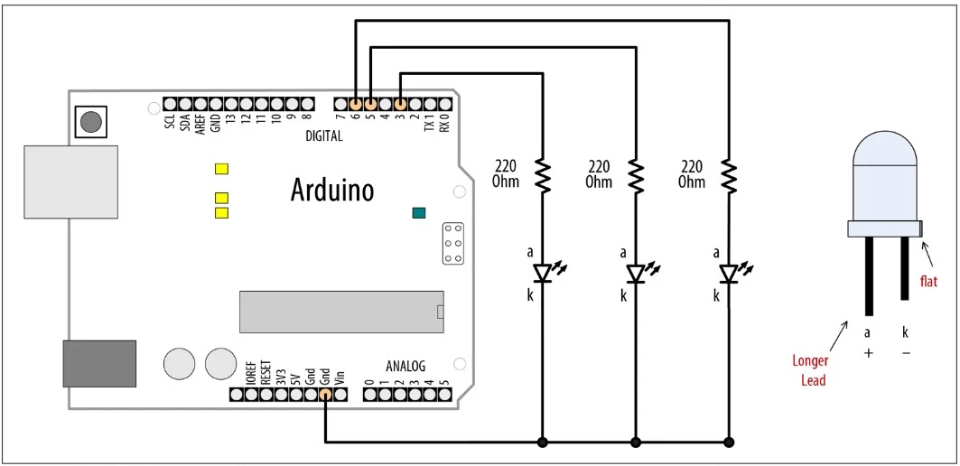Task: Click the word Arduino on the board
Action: click(331, 190)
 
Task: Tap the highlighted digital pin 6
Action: click(355, 104)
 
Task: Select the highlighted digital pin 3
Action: click(400, 104)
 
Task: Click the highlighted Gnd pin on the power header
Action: click(324, 395)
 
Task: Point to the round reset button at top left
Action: click(89, 122)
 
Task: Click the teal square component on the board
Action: click(418, 213)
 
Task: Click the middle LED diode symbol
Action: click(636, 272)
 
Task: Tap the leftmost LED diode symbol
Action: click(542, 272)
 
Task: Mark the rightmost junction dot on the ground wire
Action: click(729, 443)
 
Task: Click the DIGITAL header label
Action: click(324, 136)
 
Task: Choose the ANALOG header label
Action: click(405, 367)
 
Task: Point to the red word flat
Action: click(928, 282)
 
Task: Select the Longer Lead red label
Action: click(810, 370)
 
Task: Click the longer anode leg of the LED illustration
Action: click(867, 275)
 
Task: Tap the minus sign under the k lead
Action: click(906, 352)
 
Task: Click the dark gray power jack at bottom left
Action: click(99, 364)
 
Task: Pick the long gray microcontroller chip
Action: click(341, 312)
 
